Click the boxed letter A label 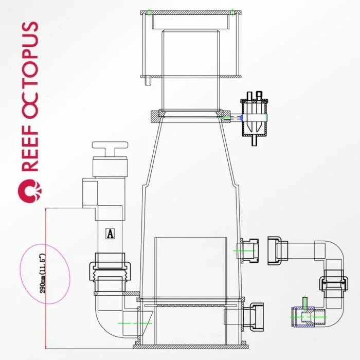click(x=110, y=233)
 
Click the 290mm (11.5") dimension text click(x=43, y=273)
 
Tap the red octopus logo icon click(x=30, y=191)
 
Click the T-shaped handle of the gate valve click(x=110, y=149)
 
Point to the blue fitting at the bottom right click(x=303, y=317)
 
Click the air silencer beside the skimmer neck click(x=254, y=118)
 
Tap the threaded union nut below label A click(x=110, y=271)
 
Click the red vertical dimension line click(x=46, y=278)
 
